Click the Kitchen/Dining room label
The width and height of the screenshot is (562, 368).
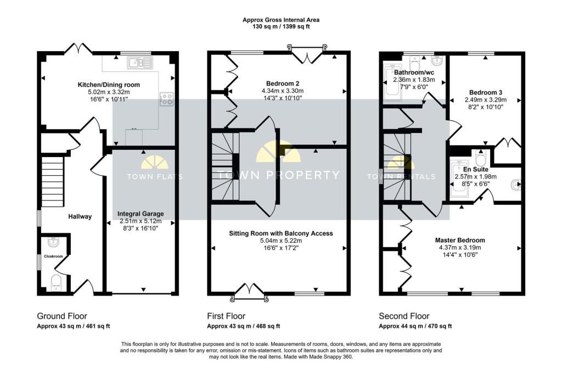coord(109,85)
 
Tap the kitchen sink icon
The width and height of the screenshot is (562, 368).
coord(140,63)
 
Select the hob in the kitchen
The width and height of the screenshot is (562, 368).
coord(166,99)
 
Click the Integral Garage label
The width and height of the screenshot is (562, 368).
coord(140,214)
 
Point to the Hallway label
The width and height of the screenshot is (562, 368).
coord(80,216)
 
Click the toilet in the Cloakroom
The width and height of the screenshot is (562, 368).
coord(57,282)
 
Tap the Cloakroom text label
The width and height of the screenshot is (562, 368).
coord(53,256)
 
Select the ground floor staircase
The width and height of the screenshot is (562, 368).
coord(52,181)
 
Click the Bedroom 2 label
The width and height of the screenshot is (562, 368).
coord(283,83)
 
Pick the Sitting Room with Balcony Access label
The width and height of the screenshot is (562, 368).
coord(281,233)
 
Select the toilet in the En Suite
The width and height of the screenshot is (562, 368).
coord(480,157)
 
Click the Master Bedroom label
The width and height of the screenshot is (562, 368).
coord(460,241)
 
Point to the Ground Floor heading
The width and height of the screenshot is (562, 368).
coord(62,316)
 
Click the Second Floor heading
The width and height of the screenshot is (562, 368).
coord(404,316)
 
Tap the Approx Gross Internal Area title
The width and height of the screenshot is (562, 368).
coord(281,20)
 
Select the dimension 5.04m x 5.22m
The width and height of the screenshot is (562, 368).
coord(281,241)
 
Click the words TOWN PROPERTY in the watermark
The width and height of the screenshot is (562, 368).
coord(278,175)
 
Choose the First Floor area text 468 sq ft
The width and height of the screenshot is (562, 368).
coord(267,326)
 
